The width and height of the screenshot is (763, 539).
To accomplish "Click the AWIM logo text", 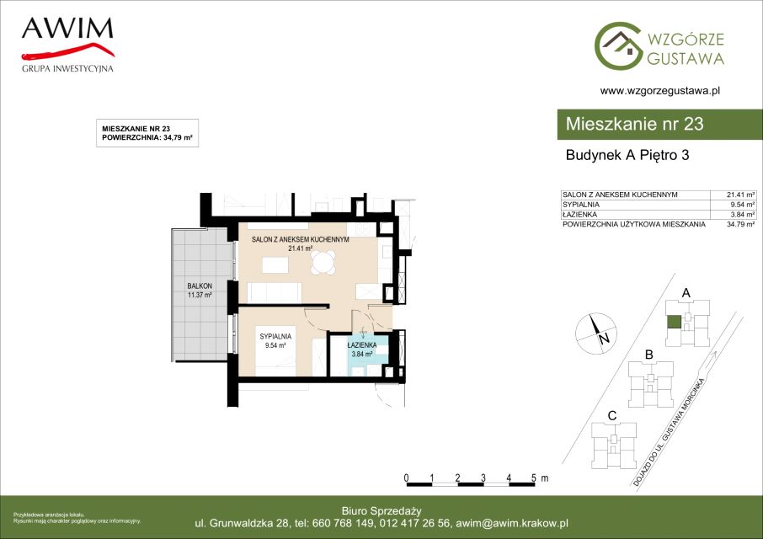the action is point(67,29).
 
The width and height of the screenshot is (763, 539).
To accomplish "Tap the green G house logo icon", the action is point(618,45).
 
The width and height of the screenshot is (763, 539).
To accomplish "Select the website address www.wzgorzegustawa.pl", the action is point(660,90).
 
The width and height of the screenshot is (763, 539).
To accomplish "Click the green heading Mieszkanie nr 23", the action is point(634,124).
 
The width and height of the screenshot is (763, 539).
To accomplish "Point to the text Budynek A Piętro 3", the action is point(627,155).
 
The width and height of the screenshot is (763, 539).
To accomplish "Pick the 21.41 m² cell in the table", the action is point(740,195).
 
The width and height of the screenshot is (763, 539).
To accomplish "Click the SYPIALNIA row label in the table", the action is point(581,205).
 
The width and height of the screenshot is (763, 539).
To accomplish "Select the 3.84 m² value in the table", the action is point(743,215).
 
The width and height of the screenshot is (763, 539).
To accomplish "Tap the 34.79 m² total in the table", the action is point(740,225).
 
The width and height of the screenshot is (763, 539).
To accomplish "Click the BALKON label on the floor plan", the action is point(200,286).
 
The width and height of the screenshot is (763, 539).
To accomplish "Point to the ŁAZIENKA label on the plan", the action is point(362,345).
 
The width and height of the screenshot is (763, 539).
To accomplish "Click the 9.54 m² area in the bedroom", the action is point(275,345).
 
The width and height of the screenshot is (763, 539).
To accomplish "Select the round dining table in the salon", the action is point(324,263).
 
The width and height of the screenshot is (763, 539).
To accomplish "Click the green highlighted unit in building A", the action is point(674,322).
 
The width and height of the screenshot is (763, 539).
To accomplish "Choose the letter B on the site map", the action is point(648,355).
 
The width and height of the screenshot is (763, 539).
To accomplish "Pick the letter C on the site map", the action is point(612,416).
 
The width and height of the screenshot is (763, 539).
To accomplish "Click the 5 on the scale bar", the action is point(534,478).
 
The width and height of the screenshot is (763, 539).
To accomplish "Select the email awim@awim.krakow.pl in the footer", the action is point(512,524).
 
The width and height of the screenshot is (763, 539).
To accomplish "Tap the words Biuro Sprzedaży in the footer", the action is point(381,511).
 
